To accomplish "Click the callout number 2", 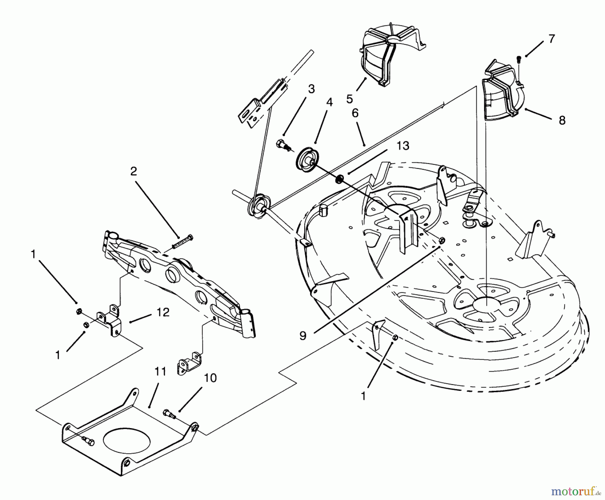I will tap(133, 171).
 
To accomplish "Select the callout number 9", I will tap(303, 336).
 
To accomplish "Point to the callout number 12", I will tap(163, 312).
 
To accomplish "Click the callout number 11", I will tap(160, 372).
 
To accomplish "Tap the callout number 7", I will tap(552, 39).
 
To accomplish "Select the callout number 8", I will tap(562, 120).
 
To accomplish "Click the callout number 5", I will tap(350, 99).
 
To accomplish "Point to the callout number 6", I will tap(355, 113).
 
